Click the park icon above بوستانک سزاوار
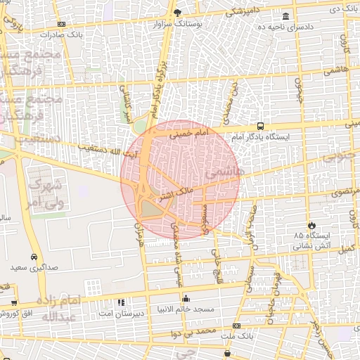[x=178, y=12]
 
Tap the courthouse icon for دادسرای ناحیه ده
[x=285, y=16]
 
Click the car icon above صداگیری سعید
[x=34, y=257]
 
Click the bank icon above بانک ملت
[x=236, y=326]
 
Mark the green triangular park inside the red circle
[x=150, y=208]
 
